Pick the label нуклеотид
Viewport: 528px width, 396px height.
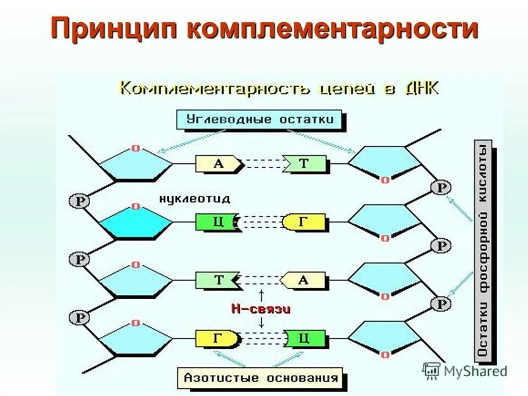pyautogui.click(x=195, y=198)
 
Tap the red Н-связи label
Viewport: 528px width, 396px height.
pyautogui.click(x=261, y=309)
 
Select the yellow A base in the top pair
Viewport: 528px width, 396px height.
pyautogui.click(x=218, y=163)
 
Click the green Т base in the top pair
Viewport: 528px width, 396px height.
pyautogui.click(x=304, y=163)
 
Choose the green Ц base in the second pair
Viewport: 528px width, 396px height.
pyautogui.click(x=216, y=222)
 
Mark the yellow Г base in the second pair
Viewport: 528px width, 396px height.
pyautogui.click(x=303, y=222)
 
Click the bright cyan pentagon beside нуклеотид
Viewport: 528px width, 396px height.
pyautogui.click(x=135, y=223)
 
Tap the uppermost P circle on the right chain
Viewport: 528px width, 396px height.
pyautogui.click(x=441, y=188)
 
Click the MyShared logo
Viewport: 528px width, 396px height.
pyautogui.click(x=465, y=371)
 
